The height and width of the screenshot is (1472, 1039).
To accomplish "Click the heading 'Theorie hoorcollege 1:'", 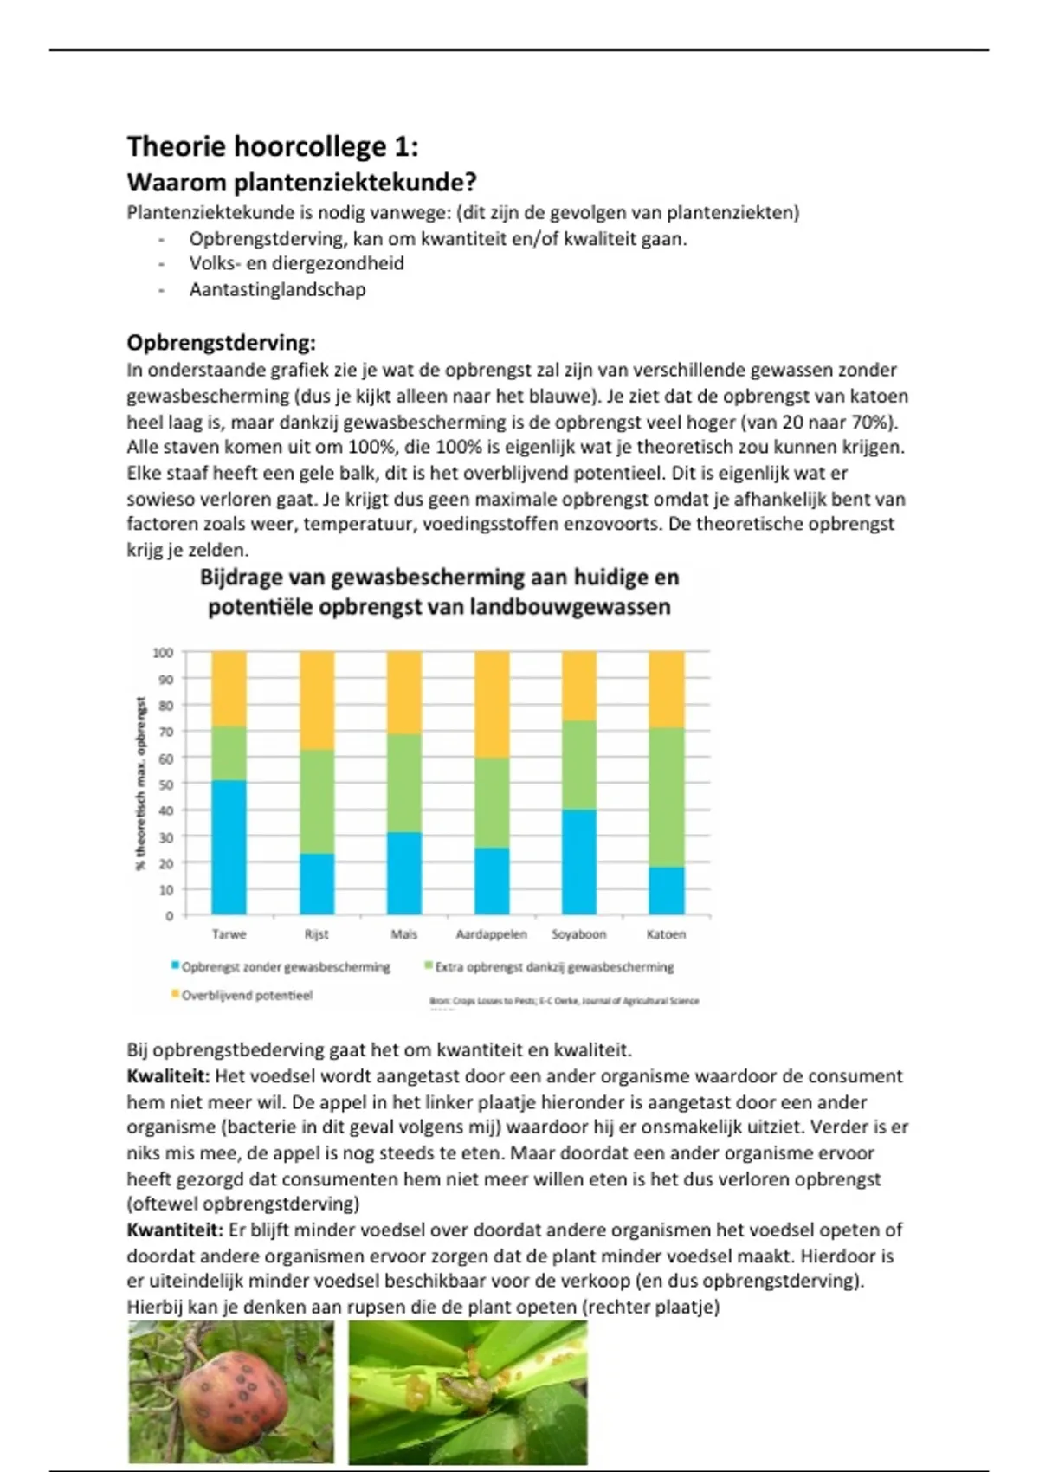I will (x=273, y=146).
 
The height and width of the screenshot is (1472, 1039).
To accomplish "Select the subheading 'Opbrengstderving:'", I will (x=221, y=343).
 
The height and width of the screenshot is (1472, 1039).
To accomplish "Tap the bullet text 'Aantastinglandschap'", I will (x=277, y=290).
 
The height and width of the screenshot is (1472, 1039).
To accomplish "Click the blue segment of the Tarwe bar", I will (x=229, y=847).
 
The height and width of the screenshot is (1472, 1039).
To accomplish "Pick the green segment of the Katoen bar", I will (x=667, y=797).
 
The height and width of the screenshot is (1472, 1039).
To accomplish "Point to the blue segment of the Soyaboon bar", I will (x=579, y=862).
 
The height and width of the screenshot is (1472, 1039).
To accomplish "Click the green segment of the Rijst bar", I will (x=317, y=801).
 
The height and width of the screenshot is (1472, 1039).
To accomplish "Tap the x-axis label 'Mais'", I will (x=404, y=934).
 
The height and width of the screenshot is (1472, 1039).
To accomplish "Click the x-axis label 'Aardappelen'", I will (x=492, y=934).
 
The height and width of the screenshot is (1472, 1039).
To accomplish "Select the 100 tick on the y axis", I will (x=163, y=653).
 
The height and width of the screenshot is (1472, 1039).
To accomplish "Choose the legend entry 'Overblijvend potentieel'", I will (x=246, y=996).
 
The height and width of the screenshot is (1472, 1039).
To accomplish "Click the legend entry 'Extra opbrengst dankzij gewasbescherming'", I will (x=553, y=967).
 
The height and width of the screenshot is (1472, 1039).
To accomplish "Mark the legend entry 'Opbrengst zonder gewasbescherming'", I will (x=285, y=967).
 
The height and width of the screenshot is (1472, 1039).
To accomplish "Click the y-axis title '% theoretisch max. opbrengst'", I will (x=141, y=784).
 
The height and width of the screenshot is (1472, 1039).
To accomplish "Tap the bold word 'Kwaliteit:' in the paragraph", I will (x=168, y=1076).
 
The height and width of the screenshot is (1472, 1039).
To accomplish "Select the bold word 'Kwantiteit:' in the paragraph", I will (x=175, y=1230).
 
